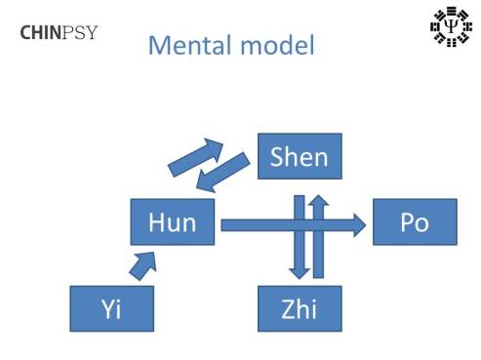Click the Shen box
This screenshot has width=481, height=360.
click(300, 157)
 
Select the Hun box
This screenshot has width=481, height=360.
click(173, 222)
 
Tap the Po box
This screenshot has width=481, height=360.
click(414, 223)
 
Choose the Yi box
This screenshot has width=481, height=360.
click(111, 309)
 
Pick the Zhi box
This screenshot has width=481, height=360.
click(300, 309)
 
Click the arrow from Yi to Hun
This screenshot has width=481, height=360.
click(142, 262)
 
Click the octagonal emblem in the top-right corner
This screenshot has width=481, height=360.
click(448, 28)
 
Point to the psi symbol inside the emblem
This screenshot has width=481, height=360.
click(448, 28)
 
